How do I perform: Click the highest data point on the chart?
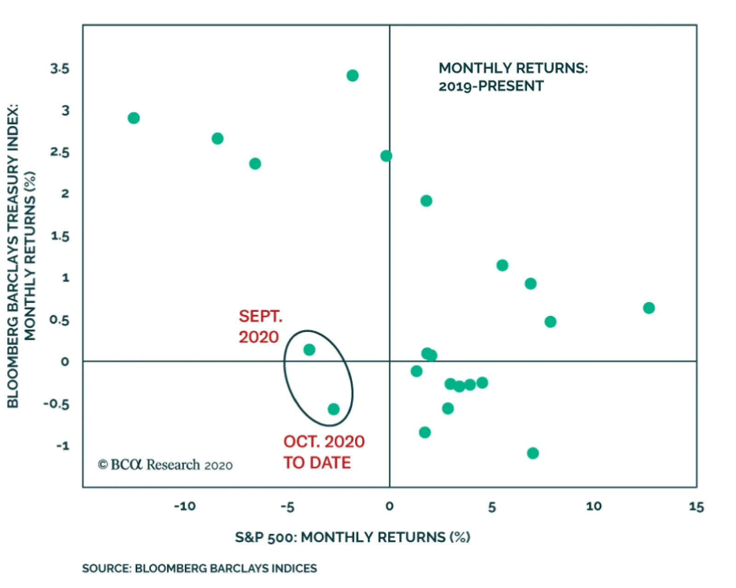tap(352, 76)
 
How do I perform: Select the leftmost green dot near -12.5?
tap(134, 118)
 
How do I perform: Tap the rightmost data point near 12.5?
tap(649, 308)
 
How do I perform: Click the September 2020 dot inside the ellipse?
tap(309, 350)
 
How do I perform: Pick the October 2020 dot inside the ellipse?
tap(333, 409)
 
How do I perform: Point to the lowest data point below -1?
tap(533, 453)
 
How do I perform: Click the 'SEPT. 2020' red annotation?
tap(260, 326)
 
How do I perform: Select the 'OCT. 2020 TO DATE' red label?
tap(323, 452)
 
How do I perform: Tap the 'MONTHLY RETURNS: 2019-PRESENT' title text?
tap(513, 77)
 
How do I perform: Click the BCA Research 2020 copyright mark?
tap(165, 465)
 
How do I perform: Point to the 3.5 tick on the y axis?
tap(60, 69)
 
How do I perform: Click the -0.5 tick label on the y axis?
tap(56, 404)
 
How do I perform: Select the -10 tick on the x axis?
tap(184, 506)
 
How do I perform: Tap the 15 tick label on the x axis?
tap(696, 506)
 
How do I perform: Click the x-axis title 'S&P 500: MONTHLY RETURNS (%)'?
tap(352, 537)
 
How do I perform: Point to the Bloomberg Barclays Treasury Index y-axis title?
tap(21, 256)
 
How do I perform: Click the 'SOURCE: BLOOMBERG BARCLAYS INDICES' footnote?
tap(199, 568)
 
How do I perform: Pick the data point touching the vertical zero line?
tap(386, 156)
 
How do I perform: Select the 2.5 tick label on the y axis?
tap(60, 152)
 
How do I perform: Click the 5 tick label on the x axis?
tap(492, 507)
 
